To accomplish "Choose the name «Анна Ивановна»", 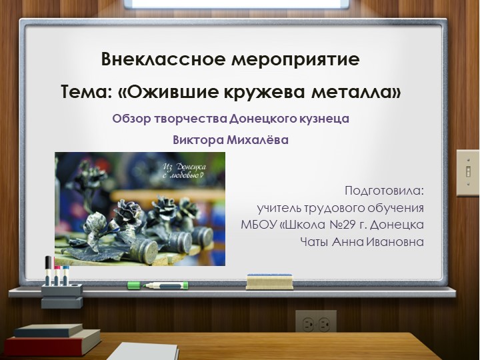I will coord(377,241).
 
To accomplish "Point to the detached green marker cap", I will coord(134,285).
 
